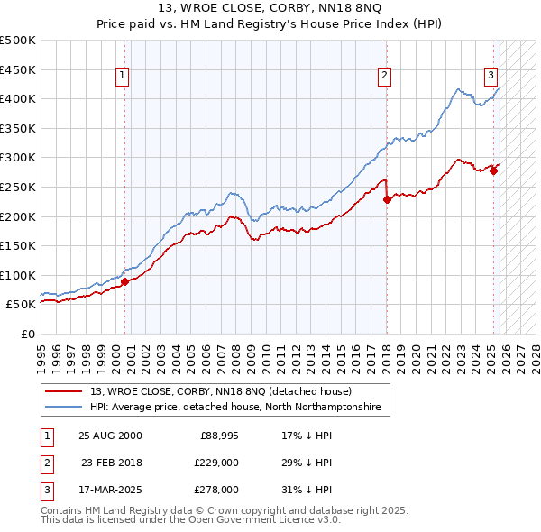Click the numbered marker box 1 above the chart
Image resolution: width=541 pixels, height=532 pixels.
pos(122,76)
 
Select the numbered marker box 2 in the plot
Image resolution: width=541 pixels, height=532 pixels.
pos(384,76)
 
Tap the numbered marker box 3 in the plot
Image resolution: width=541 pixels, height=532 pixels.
pos(491,76)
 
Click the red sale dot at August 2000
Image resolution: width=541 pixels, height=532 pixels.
pos(124,281)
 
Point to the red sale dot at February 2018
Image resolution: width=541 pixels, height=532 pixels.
pos(386,199)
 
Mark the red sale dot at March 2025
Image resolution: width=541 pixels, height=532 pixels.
pos(493,170)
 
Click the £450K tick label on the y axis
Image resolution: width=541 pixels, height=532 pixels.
pos(18,69)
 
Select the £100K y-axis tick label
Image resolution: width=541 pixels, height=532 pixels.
pos(18,275)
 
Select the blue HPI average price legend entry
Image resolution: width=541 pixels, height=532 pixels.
pos(235,408)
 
